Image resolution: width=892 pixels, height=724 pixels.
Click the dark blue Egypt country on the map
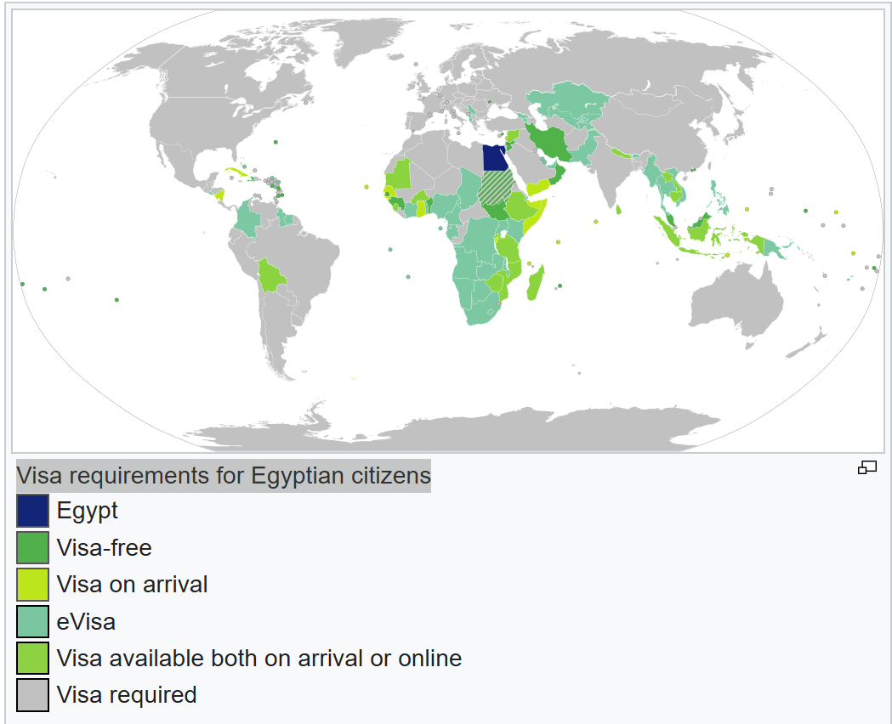[x=493, y=158]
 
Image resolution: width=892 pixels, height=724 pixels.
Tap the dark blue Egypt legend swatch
[x=32, y=511]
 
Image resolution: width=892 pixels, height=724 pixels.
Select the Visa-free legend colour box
[x=32, y=548]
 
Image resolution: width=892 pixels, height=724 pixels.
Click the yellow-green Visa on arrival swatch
[x=32, y=585]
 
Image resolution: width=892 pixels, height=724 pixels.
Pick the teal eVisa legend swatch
[x=32, y=621]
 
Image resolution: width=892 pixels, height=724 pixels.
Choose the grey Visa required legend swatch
[x=32, y=695]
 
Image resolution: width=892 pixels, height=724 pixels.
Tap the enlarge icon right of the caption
[x=866, y=467]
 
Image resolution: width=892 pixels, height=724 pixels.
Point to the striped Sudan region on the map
[x=496, y=189]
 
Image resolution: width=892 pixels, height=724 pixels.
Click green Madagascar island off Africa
[x=535, y=283]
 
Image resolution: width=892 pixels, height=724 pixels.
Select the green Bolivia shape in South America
[x=273, y=275]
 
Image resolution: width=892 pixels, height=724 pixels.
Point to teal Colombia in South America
[x=247, y=219]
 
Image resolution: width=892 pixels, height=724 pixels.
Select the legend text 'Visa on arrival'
[x=132, y=585]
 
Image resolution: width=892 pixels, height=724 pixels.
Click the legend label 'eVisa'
[x=86, y=621]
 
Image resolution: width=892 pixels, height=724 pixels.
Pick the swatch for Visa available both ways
[x=32, y=659]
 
